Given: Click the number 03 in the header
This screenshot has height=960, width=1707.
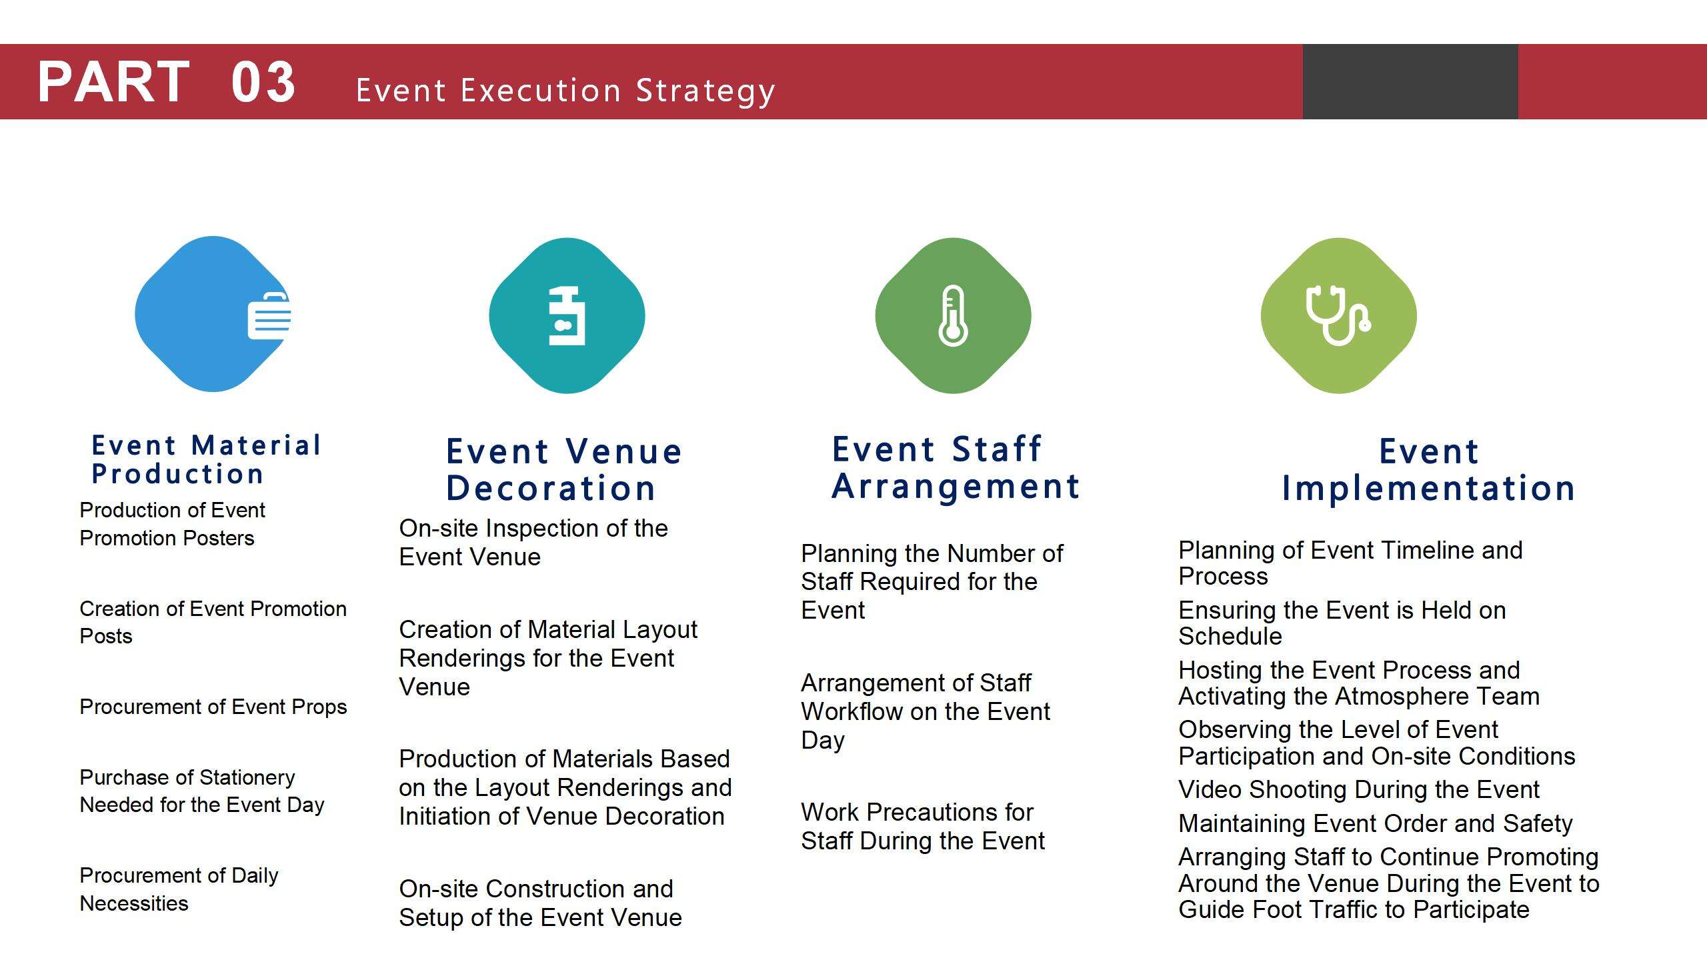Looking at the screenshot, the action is [x=263, y=82].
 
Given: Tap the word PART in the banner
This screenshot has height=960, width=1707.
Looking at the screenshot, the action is [x=114, y=82].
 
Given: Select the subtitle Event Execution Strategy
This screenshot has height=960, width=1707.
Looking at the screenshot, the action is [x=565, y=91].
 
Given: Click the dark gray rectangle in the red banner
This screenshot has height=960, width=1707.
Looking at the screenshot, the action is [x=1410, y=81].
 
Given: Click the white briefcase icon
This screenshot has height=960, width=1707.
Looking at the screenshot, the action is [x=269, y=315].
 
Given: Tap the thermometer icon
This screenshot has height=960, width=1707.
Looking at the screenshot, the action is [x=953, y=315].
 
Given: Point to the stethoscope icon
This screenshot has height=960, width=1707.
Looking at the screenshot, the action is [x=1338, y=315].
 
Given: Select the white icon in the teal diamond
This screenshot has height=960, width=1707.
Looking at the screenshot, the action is [x=567, y=316].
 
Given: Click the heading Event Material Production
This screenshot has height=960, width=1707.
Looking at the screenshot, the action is [x=207, y=459].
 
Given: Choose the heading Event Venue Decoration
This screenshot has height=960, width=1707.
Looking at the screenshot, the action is [x=564, y=469].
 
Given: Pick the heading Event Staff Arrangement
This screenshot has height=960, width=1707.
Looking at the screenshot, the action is [x=956, y=467].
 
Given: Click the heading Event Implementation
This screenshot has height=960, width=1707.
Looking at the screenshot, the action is [x=1429, y=469].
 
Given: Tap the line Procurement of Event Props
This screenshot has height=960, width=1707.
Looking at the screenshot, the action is [x=213, y=707].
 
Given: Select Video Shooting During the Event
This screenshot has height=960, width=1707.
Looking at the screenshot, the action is [x=1359, y=789].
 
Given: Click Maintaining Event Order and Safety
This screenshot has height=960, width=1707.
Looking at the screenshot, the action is [x=1376, y=823].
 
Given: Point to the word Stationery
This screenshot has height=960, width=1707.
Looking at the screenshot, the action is [x=247, y=777].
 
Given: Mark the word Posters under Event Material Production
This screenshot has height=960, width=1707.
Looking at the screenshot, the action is [x=218, y=538].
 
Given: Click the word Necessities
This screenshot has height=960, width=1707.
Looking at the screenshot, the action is [x=134, y=903].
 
